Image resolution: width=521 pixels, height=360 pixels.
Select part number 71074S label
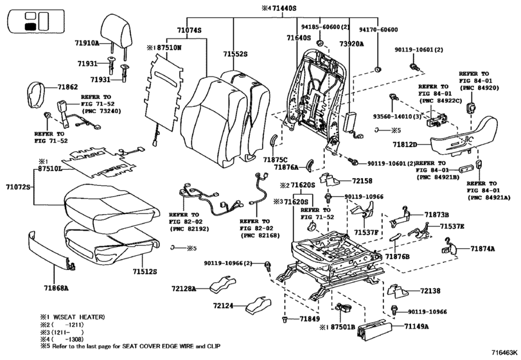189,30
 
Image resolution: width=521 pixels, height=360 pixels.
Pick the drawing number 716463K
505,352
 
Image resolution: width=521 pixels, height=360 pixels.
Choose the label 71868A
56,288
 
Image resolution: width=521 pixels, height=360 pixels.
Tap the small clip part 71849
285,319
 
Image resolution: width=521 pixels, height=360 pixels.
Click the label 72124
223,305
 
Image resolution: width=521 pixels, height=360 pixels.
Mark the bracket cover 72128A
223,285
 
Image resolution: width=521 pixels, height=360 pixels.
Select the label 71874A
482,248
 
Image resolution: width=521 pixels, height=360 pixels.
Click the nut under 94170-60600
378,69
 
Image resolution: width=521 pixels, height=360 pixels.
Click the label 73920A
351,44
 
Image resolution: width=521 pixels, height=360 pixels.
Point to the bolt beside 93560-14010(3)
393,97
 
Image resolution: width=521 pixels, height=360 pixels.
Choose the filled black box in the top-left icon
30,27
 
